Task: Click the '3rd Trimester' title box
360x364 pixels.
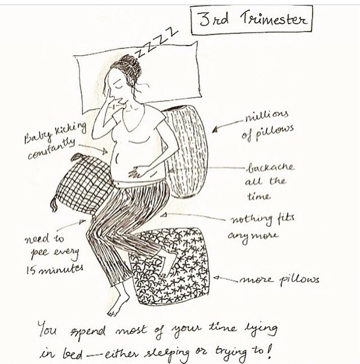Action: tap(251, 21)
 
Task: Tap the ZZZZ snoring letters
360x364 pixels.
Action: tap(157, 43)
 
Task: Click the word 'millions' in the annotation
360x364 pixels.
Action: tap(267, 116)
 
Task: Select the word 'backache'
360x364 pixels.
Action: tap(271, 167)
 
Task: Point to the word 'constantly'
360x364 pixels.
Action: tap(51, 149)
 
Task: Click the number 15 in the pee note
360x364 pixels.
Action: tap(30, 270)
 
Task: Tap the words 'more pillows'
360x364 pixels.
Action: tap(279, 280)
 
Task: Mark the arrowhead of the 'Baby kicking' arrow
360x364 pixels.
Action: tap(105, 152)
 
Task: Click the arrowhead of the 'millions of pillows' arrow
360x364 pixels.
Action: tap(215, 130)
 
